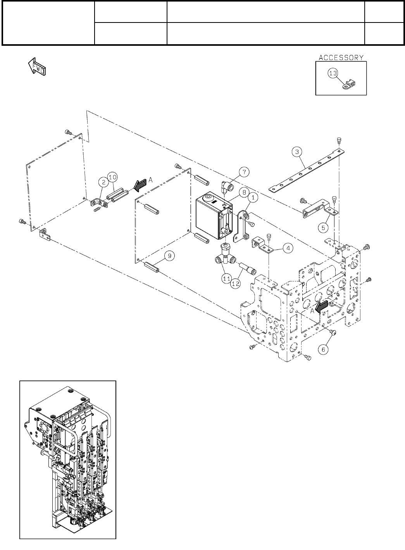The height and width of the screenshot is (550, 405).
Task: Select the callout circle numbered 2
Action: [x=103, y=182]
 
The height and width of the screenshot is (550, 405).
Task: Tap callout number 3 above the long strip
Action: [x=297, y=152]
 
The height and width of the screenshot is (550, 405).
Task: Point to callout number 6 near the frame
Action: [x=324, y=349]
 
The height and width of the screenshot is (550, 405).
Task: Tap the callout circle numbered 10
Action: [x=112, y=177]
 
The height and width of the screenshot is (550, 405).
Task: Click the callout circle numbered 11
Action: [x=226, y=278]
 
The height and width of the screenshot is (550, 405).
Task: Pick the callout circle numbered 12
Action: [x=235, y=284]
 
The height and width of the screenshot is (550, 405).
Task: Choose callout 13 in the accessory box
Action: [x=333, y=73]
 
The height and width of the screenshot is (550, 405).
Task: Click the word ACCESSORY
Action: [x=341, y=57]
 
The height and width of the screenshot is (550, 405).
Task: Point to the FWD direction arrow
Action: [x=37, y=66]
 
